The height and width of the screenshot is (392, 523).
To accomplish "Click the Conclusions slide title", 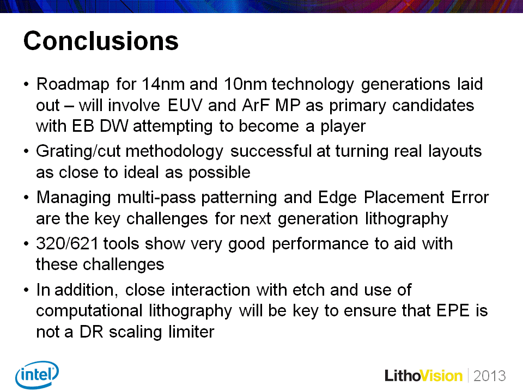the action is (101, 41).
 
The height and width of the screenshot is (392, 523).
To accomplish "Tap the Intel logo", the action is (37, 375).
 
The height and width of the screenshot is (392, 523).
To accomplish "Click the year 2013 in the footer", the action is (489, 376).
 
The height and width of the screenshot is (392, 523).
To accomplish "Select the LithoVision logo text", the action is (424, 376).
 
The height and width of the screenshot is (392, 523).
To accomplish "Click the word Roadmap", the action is (72, 85).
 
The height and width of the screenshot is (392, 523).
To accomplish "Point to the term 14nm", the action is (163, 84).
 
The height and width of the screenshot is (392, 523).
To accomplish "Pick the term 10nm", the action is (245, 84).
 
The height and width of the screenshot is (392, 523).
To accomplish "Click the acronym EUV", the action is (185, 105).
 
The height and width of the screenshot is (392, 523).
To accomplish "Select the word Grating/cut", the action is (78, 152).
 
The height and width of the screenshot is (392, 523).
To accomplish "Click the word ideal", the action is (141, 173).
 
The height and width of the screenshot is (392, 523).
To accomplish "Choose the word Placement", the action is (404, 197).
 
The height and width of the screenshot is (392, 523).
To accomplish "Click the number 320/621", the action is (67, 244).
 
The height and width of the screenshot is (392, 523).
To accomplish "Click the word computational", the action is (89, 311).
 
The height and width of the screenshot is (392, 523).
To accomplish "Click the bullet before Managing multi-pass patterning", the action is (27, 197).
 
